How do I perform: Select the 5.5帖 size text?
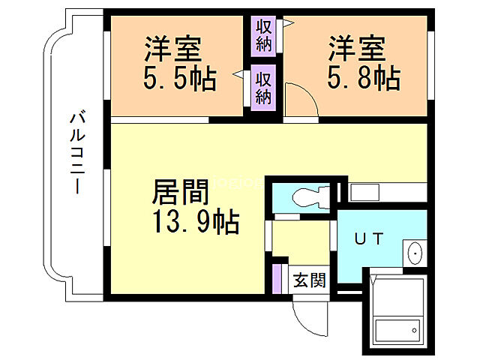(179, 78)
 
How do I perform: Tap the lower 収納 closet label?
(263, 86)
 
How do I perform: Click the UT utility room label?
(369, 239)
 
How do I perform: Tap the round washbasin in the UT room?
(414, 256)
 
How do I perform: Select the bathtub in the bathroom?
(397, 331)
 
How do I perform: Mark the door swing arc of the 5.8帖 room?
(300, 101)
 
